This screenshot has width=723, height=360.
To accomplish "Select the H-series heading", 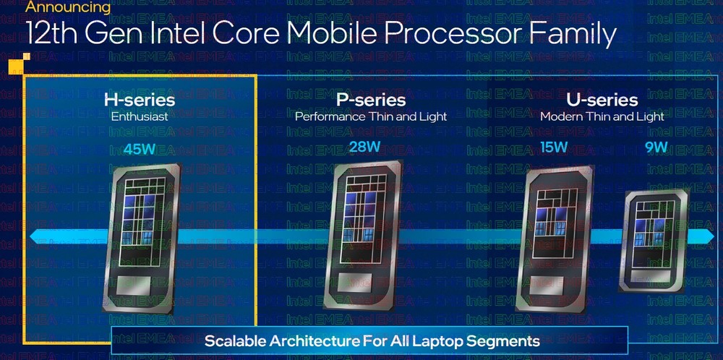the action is pos(140,100).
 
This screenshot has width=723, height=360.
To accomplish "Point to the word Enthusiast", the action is pos(140,116).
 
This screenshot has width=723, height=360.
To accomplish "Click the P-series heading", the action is pos(371,100).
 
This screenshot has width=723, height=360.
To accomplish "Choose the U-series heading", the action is pos(602,100).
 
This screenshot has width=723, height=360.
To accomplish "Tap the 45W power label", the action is pos(140,150).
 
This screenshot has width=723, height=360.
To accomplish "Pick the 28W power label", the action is pos(364,147).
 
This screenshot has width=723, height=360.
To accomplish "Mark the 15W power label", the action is pos(554,147).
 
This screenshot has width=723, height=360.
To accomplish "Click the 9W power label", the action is pos(656,147).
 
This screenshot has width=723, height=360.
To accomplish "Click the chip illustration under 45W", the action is pos(142,238).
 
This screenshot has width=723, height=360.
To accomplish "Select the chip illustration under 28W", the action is pos(363,234).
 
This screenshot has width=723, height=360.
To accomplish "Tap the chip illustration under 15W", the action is pos(555,239).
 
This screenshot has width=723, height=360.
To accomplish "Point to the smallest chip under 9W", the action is pos(655,240).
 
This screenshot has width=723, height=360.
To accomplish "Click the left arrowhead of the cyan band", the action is pos(37,237).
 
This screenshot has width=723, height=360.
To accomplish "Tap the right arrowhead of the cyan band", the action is pos(708,236).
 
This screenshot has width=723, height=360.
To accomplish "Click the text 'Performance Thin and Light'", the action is pos(371,116).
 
